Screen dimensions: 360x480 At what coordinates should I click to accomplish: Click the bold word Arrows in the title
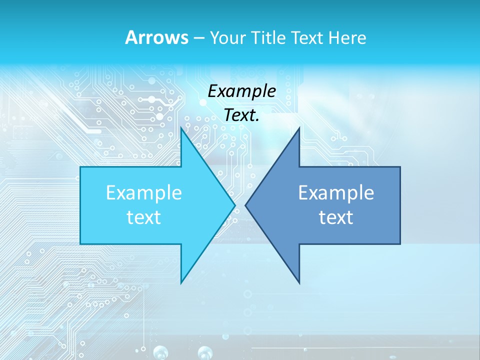click(x=156, y=37)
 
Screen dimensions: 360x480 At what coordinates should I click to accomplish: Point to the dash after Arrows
click(x=198, y=38)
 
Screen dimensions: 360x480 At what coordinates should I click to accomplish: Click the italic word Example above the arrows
click(x=241, y=91)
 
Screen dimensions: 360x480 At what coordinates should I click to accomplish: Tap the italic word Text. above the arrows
click(x=241, y=115)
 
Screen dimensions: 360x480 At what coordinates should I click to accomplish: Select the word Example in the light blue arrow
click(x=143, y=193)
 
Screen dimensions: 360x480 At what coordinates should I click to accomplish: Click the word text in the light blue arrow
click(x=143, y=217)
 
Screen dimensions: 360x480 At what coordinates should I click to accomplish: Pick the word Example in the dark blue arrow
click(x=336, y=193)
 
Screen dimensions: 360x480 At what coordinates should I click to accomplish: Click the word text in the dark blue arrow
click(x=336, y=217)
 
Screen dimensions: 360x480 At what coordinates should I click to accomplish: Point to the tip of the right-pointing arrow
click(x=235, y=205)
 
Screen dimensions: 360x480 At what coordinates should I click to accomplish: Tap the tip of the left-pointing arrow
click(x=245, y=205)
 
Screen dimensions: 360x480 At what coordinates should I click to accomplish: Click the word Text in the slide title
click(x=309, y=37)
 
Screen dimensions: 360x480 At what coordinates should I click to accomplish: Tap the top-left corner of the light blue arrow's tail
click(x=80, y=167)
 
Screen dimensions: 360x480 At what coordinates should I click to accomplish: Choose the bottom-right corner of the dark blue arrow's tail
click(x=400, y=244)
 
